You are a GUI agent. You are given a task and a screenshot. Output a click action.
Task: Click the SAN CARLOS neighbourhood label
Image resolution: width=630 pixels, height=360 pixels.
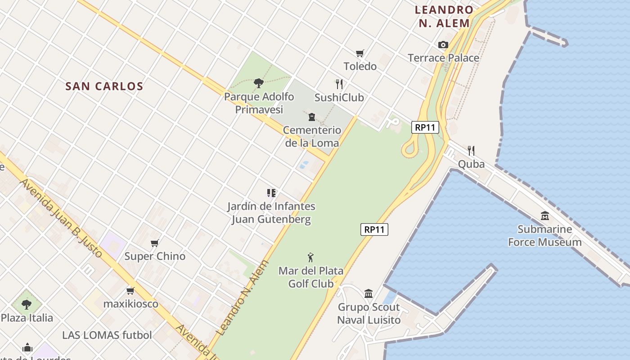[104, 86]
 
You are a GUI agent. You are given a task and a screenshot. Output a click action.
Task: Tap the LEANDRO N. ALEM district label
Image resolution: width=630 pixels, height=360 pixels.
[444, 17]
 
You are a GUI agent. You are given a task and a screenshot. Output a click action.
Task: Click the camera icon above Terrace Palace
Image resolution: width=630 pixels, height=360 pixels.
[443, 45]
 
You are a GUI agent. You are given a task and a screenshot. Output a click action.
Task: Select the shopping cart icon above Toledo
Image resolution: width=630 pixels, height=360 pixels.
[360, 54]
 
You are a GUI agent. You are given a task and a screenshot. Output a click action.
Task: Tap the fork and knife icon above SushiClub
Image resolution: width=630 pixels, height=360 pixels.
[339, 84]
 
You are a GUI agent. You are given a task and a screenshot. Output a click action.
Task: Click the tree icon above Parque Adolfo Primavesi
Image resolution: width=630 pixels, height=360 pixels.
[258, 83]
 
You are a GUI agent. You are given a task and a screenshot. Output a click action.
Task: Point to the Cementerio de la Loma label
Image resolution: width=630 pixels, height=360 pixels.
[312, 136]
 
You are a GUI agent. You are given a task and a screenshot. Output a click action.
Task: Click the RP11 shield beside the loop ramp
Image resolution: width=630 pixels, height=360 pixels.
[425, 127]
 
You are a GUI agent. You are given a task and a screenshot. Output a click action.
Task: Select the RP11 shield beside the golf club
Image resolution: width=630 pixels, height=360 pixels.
[374, 229]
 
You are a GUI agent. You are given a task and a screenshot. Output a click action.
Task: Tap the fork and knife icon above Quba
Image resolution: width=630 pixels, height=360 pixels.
[471, 150]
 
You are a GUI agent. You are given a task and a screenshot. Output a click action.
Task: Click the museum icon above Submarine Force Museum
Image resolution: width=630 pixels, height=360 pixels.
[545, 216]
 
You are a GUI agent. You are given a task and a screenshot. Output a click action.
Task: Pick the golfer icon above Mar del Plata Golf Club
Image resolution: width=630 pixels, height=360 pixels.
[310, 257]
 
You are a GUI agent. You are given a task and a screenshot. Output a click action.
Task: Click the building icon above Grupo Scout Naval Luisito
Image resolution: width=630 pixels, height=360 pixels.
[369, 294]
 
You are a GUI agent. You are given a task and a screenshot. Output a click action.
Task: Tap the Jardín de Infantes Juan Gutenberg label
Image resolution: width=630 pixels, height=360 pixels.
[271, 213]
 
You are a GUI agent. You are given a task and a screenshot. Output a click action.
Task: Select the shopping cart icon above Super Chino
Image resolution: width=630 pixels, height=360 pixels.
[155, 243]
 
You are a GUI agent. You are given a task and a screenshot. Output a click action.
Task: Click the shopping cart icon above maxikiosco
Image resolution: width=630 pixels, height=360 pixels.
[130, 291]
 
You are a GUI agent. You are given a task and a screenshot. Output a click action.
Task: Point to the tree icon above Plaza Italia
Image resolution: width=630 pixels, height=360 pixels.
[27, 305]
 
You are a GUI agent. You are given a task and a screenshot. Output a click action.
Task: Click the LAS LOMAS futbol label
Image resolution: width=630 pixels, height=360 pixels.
[107, 335]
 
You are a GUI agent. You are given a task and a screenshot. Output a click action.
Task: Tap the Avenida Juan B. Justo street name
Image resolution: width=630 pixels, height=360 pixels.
[62, 218]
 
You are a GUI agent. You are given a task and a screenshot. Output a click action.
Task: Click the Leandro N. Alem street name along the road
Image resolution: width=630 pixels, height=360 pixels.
[242, 298]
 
